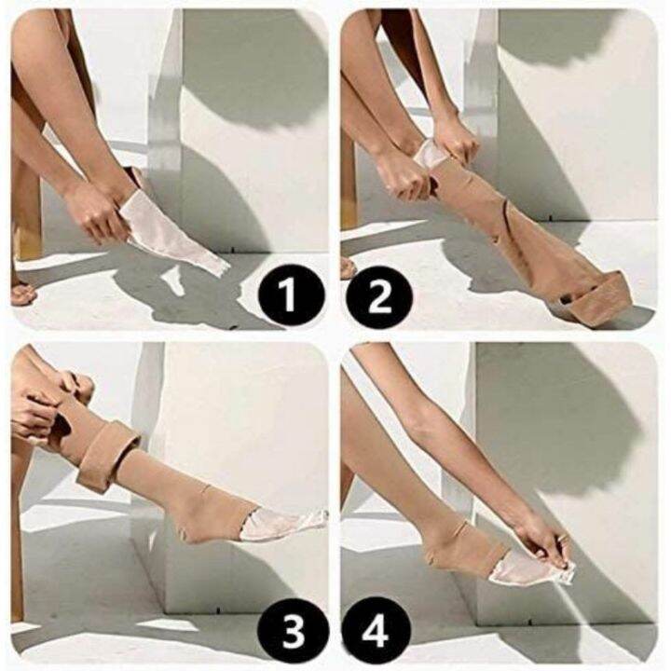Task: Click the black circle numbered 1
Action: (x=289, y=297)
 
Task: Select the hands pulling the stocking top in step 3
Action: (x=47, y=401)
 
